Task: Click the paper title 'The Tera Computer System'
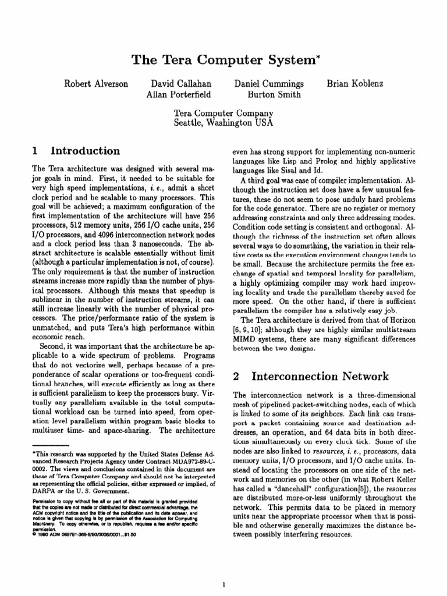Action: tap(223, 61)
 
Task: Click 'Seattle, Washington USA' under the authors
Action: tap(223, 123)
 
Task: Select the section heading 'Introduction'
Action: tap(86, 151)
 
